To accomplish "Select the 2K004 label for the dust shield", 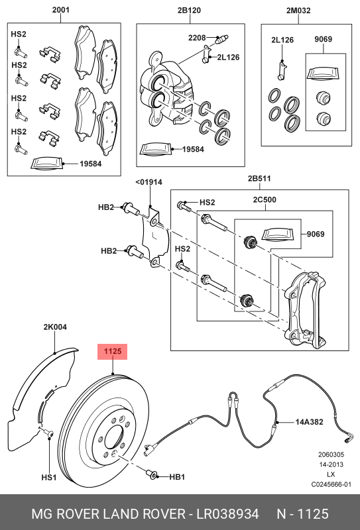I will (x=55, y=327).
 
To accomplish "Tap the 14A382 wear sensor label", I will (x=309, y=421).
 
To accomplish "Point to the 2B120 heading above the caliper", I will (x=190, y=11).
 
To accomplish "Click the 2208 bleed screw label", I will (x=198, y=37).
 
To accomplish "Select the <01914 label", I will (x=149, y=182).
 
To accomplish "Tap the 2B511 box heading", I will (x=261, y=180).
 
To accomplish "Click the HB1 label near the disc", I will (x=177, y=476).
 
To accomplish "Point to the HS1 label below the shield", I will (x=50, y=476).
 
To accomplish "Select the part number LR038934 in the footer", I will (x=226, y=514).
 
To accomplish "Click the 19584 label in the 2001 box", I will (x=90, y=163).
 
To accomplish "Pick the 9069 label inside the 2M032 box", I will (x=324, y=40).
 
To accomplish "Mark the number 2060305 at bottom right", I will (x=330, y=454).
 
